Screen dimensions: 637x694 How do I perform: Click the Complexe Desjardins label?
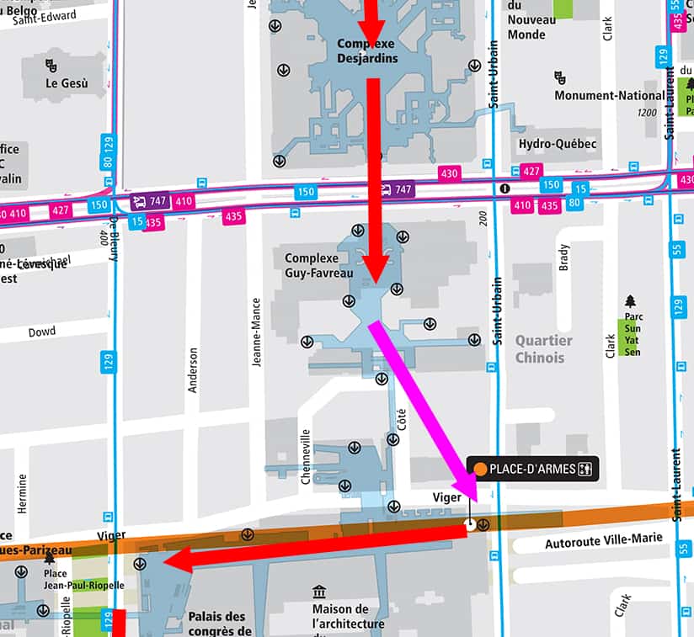tap(366, 50)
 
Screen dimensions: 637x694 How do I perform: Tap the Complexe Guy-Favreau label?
tap(312, 265)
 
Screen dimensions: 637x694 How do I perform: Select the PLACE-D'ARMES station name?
tap(532, 469)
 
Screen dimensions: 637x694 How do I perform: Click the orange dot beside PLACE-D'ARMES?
tap(480, 469)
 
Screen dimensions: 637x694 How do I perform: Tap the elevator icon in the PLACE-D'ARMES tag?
tap(586, 469)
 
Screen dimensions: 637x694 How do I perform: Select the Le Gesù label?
tap(67, 83)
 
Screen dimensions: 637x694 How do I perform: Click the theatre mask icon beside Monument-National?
tap(560, 77)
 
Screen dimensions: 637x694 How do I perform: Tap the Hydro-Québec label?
tap(558, 144)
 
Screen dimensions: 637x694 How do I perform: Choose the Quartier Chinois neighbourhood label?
tap(543, 349)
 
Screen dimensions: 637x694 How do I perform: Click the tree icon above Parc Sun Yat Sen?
tap(630, 300)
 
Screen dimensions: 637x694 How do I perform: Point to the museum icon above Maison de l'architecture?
tap(319, 592)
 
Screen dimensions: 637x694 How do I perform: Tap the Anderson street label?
tap(193, 370)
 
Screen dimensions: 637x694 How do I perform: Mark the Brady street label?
tap(563, 257)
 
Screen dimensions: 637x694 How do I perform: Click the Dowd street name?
tap(41, 332)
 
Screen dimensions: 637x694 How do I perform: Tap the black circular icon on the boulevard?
tap(504, 188)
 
